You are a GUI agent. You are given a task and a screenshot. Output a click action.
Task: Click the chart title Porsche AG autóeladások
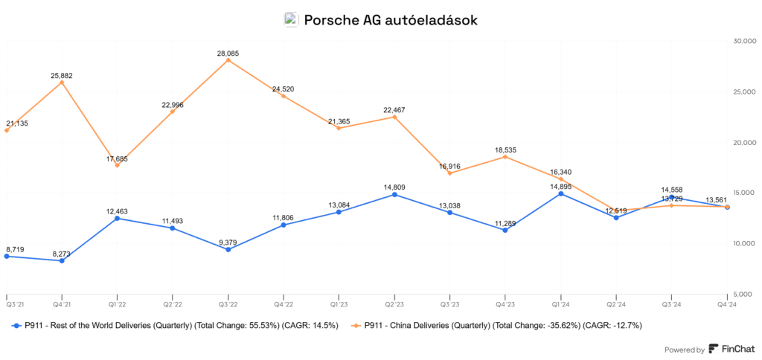[x=391, y=20]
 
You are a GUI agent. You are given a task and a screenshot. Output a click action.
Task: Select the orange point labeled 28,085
[x=228, y=60]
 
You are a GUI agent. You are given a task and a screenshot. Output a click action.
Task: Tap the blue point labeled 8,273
[x=62, y=260]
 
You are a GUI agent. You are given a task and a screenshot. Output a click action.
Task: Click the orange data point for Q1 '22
[x=117, y=165]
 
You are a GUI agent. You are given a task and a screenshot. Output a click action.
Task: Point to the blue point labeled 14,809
[x=394, y=195]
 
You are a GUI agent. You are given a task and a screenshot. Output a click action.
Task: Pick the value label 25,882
[x=62, y=75]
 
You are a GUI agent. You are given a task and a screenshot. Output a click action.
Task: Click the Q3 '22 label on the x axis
[x=228, y=304]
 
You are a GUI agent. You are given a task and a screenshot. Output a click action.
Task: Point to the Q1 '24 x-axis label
[x=560, y=304]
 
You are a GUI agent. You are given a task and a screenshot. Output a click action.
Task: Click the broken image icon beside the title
[x=291, y=20]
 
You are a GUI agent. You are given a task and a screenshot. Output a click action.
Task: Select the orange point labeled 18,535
[x=505, y=157]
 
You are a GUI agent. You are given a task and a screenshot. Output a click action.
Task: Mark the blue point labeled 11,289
[x=505, y=230]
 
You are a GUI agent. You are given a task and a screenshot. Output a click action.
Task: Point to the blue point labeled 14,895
[x=560, y=193]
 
